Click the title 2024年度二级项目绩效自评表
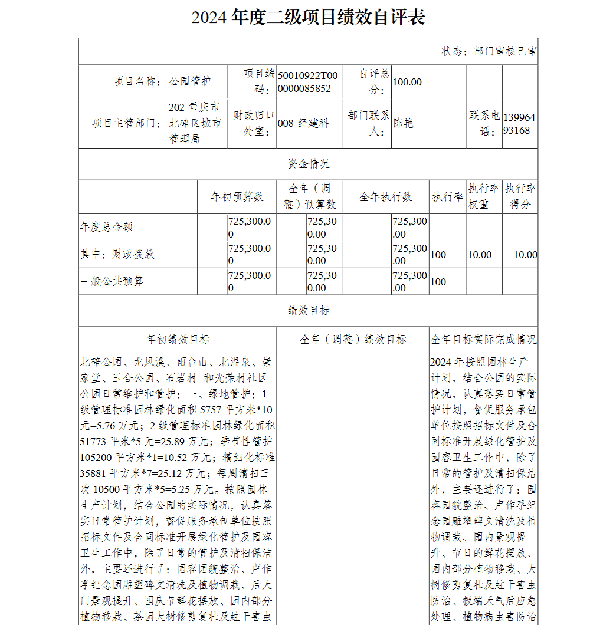tap(308, 18)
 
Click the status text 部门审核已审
tap(489, 51)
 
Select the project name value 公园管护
tap(190, 82)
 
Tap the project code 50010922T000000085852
tap(308, 82)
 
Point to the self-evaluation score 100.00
tap(407, 82)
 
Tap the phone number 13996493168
tap(519, 123)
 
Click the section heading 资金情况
tap(308, 164)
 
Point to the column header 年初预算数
tap(237, 197)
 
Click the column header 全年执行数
tap(386, 197)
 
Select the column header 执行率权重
tap(484, 196)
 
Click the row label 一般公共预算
tap(112, 281)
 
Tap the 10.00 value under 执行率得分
tap(525, 255)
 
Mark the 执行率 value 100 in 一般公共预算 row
tap(438, 282)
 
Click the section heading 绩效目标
tap(308, 311)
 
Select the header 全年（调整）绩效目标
tap(353, 340)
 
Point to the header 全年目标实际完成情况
tap(483, 340)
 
